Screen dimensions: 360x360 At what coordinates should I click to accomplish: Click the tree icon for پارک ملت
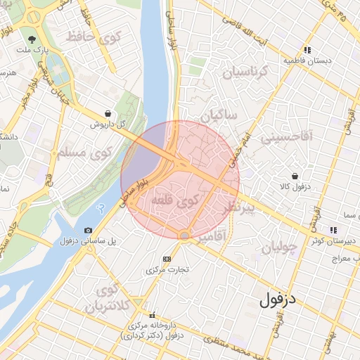[x=32, y=39]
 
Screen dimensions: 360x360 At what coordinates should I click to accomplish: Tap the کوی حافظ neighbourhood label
[x=96, y=37]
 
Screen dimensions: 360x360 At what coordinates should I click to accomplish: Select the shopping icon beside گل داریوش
[x=106, y=112]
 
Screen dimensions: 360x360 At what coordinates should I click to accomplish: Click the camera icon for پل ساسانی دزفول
[x=88, y=230]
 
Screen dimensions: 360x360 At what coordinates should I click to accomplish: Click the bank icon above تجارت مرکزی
[x=167, y=259]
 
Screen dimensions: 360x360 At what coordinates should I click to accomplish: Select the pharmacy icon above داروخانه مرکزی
[x=153, y=315]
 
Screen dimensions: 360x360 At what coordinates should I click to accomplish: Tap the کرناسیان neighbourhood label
[x=246, y=71]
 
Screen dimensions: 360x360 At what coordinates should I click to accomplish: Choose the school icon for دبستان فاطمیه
[x=307, y=50]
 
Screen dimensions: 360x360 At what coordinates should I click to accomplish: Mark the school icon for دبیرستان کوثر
[x=333, y=229]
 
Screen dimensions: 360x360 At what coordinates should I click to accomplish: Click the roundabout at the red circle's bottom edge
[x=184, y=235]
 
